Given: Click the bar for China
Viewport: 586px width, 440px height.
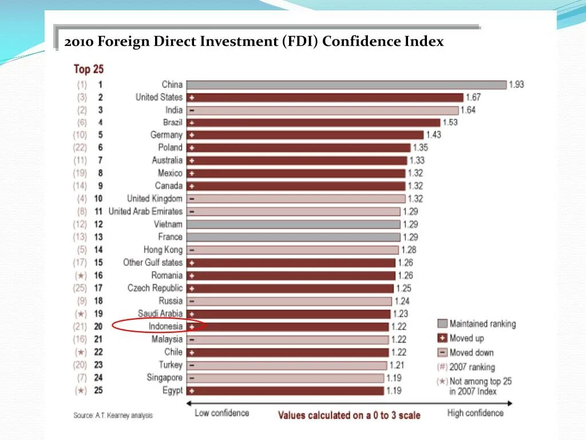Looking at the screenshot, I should pos(347,85).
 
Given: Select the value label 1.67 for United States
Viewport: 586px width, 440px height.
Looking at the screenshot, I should pos(473,97).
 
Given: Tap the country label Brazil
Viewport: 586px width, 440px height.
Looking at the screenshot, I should pos(172,123).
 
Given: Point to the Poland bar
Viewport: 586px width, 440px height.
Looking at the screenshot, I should pos(298,148).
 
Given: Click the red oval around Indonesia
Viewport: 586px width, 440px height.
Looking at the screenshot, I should pos(158,326).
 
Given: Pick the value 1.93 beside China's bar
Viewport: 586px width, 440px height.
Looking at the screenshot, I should pos(516,85).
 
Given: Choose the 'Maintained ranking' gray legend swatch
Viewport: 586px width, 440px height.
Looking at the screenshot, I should pos(442,324).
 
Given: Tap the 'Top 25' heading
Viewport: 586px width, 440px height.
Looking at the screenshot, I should pos(88,69).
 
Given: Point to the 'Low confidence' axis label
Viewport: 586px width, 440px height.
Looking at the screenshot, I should pos(222,413).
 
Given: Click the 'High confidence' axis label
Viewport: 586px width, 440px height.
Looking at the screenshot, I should pos(475,413).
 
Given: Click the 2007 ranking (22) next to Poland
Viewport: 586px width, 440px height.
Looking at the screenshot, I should pos(80,148).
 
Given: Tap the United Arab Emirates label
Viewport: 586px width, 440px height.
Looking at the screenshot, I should pos(145,211).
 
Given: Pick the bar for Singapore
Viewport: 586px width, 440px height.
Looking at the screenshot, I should pos(285,378).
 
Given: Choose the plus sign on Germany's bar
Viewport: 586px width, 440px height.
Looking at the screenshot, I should pos(192,135).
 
